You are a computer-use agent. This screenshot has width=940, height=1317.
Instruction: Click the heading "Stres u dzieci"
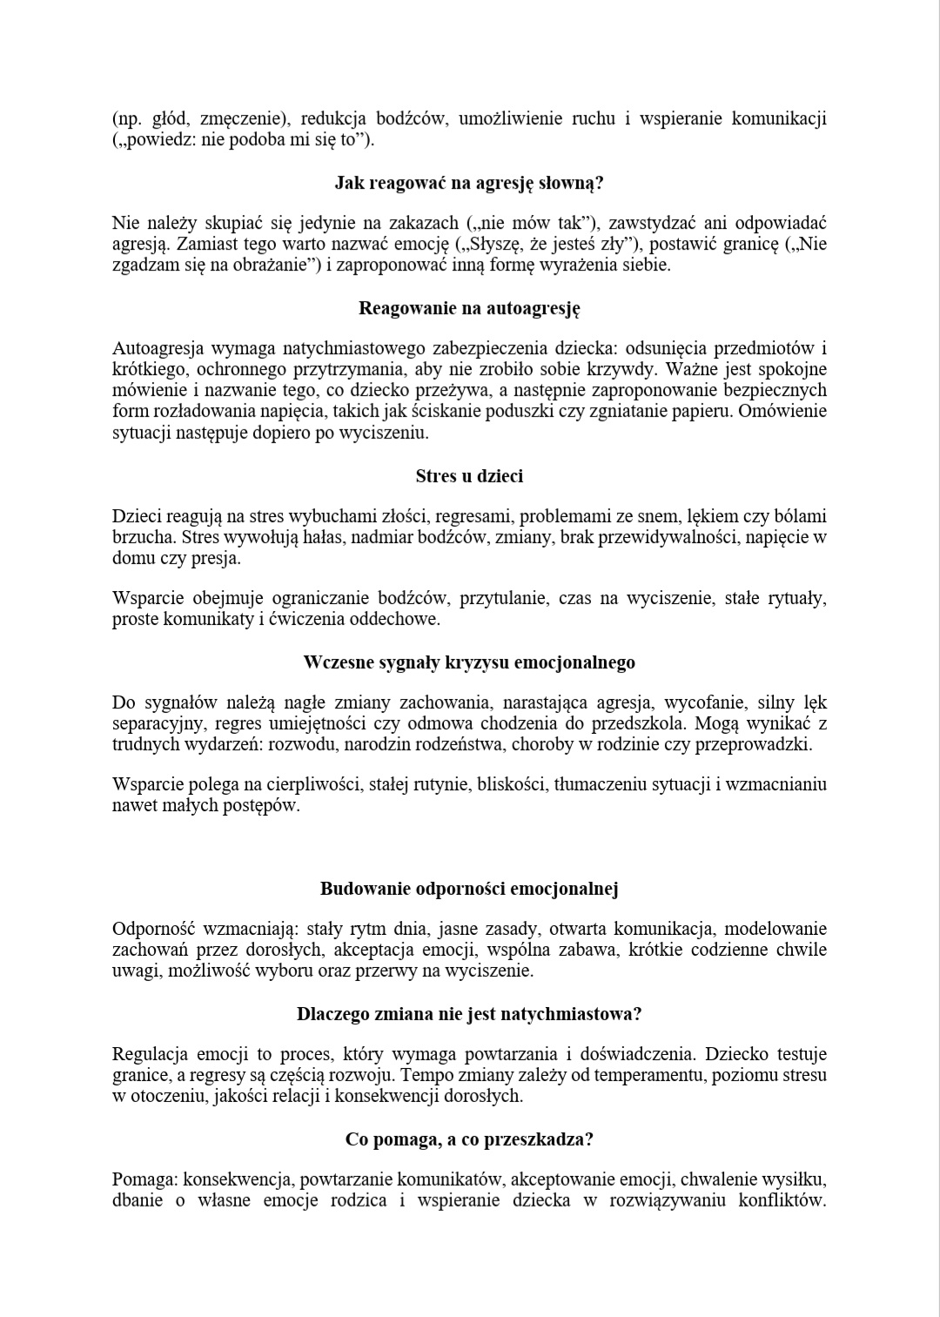pyautogui.click(x=469, y=476)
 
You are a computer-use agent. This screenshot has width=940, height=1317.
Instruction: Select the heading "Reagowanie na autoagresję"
pyautogui.click(x=469, y=308)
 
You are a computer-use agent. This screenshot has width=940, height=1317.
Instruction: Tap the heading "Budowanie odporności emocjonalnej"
pyautogui.click(x=469, y=889)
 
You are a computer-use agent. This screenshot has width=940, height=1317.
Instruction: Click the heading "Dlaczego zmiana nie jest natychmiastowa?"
pyautogui.click(x=469, y=1014)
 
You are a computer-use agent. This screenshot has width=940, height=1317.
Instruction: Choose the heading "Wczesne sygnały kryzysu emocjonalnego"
pyautogui.click(x=469, y=662)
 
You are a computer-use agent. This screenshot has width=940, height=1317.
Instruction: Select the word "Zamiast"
pyautogui.click(x=191, y=245)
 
